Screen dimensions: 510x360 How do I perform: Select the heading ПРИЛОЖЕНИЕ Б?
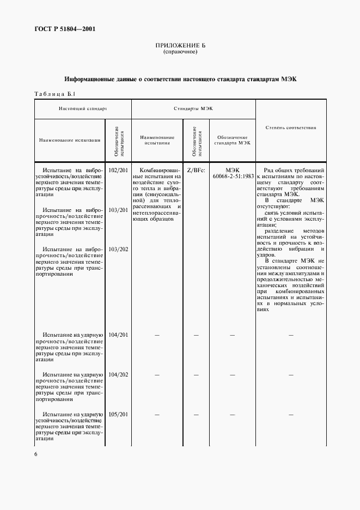point(180,46)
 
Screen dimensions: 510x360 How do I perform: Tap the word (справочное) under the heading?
point(180,52)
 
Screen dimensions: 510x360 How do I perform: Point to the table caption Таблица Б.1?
point(53,94)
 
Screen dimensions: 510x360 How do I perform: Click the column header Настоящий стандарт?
point(83,109)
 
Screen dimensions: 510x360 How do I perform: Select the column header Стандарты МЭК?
point(193,109)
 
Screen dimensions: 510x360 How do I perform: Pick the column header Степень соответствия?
point(291,127)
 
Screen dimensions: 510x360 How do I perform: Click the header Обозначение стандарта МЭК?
point(231,140)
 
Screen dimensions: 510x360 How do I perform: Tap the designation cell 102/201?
point(118,171)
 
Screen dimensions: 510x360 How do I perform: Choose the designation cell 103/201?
point(118,210)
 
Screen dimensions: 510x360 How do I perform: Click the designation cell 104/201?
point(118,335)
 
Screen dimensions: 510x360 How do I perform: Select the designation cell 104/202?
point(118,375)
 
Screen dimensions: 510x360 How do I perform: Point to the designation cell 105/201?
point(118,414)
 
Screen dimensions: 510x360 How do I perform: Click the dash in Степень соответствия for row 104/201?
point(291,335)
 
